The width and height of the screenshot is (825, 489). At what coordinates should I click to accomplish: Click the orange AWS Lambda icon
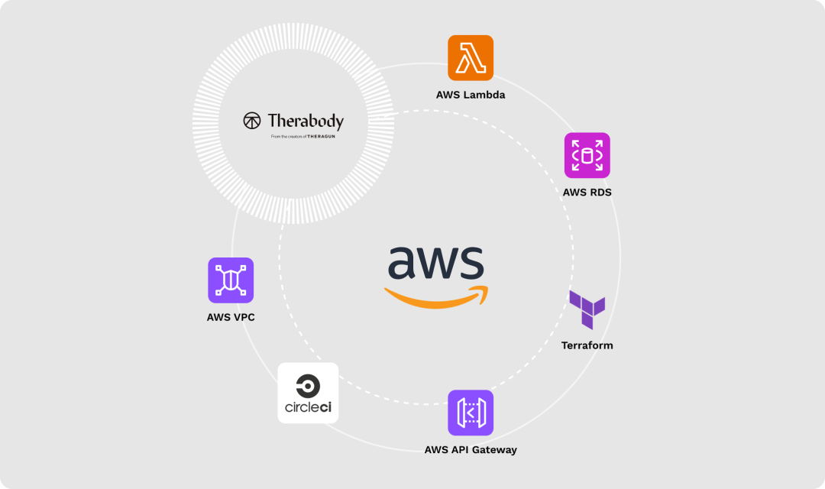[471, 57]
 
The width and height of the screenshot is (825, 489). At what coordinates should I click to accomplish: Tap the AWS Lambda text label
[471, 96]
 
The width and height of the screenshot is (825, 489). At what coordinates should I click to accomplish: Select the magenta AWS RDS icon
[587, 155]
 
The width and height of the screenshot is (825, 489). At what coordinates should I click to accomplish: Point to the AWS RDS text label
[587, 193]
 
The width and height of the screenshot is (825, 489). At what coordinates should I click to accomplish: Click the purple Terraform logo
[587, 309]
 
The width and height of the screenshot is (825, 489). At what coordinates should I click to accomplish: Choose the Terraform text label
[587, 345]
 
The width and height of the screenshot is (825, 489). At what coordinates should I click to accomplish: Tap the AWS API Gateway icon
[471, 413]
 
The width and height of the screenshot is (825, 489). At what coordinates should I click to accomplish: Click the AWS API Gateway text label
[471, 450]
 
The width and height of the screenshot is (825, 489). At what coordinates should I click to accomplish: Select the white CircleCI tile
[308, 393]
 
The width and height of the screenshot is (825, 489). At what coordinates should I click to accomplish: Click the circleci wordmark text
[308, 408]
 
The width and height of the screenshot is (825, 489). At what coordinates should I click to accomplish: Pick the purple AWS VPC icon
[231, 280]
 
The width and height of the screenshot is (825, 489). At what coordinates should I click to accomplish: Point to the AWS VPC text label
[231, 317]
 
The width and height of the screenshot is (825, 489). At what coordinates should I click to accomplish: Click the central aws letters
[435, 264]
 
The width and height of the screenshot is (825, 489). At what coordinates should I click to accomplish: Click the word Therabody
[306, 121]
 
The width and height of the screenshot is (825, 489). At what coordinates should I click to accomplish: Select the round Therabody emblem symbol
[252, 121]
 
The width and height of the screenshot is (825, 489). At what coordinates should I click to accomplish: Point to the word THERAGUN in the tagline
[320, 137]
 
